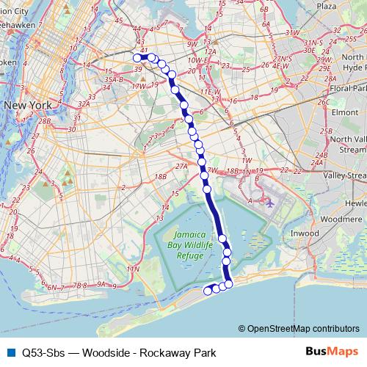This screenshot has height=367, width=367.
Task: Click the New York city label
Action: tap(27, 106)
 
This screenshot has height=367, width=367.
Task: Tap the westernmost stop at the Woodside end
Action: tap(136, 57)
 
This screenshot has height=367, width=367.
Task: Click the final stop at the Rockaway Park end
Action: tap(208, 291)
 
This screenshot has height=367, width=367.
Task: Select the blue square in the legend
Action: tap(9, 352)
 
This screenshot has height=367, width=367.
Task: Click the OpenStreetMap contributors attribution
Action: tap(303, 328)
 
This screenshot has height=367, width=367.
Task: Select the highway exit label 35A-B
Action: tap(115, 79)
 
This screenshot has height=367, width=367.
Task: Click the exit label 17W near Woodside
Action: tap(137, 86)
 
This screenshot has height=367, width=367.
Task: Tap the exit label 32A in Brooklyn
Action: tap(85, 104)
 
